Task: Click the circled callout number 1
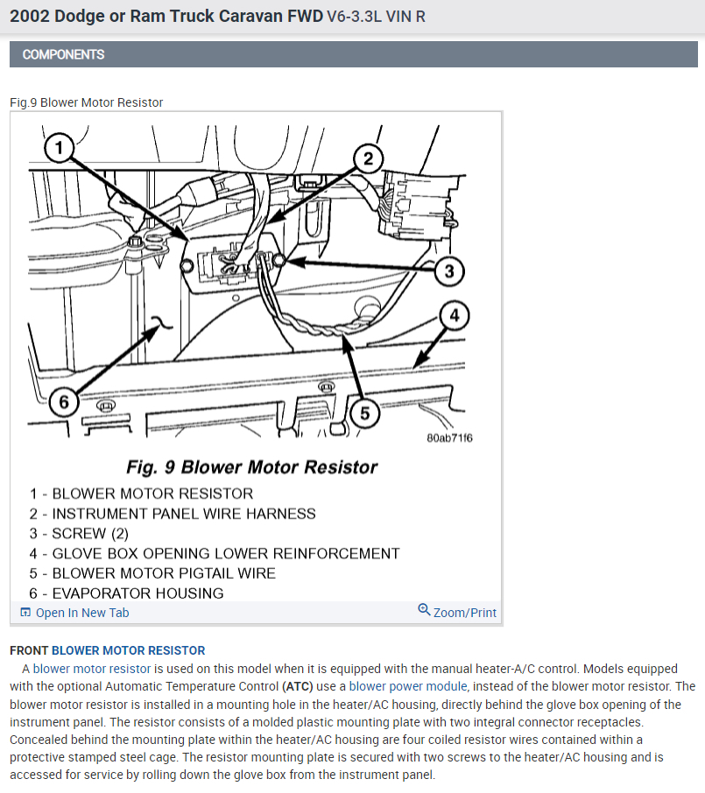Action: point(59,149)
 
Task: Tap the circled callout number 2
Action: point(368,158)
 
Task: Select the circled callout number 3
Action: point(449,271)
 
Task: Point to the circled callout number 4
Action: point(455,316)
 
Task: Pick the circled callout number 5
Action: point(364,412)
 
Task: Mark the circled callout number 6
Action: point(64,403)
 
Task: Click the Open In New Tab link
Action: point(74,613)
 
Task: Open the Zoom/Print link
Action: point(457,613)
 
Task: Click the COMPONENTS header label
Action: point(63,54)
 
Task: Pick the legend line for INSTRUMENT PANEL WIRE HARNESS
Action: point(172,514)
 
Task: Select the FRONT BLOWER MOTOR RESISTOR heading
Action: point(108,650)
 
